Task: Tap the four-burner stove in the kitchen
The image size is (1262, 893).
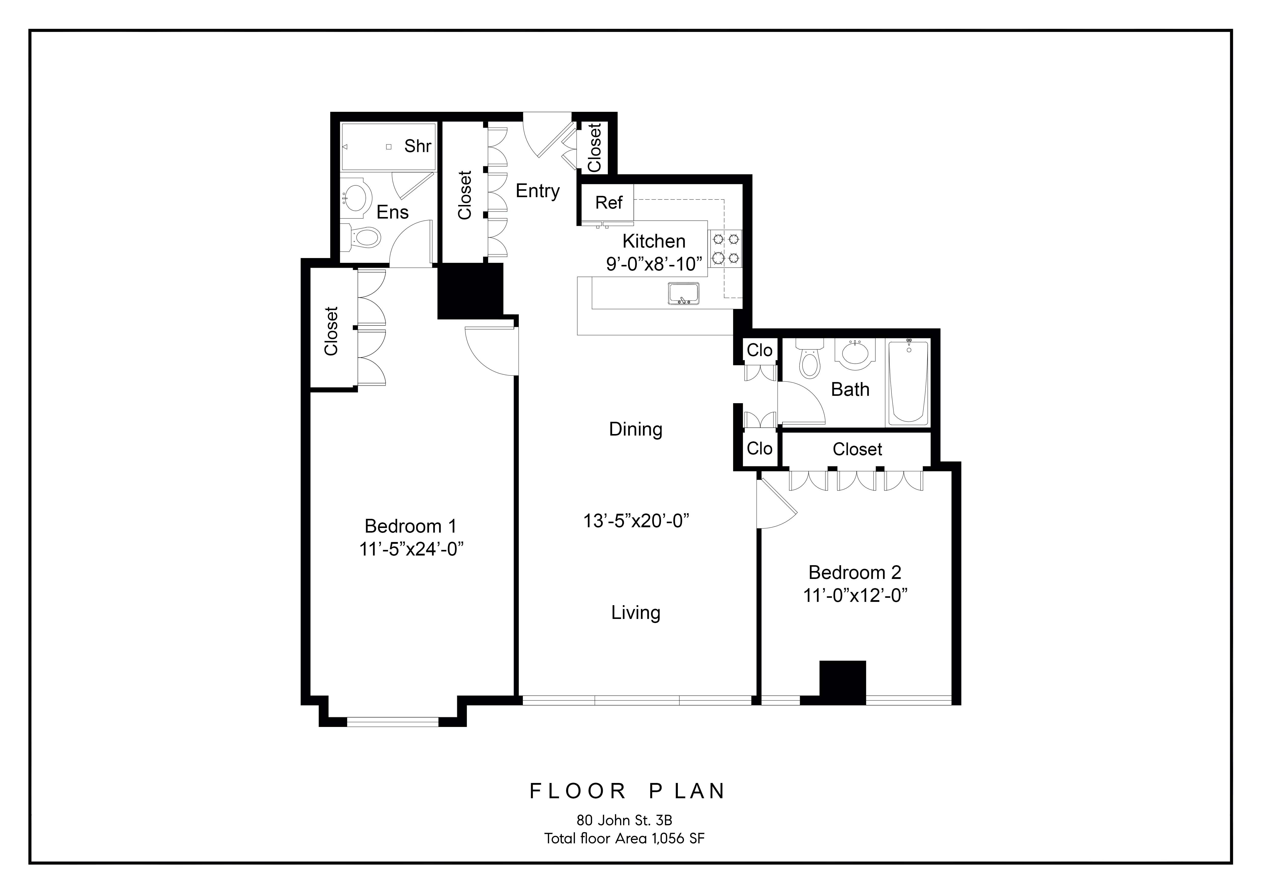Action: point(725,249)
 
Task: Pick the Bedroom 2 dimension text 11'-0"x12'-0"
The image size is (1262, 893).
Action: point(855,596)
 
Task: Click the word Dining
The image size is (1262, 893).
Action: point(635,429)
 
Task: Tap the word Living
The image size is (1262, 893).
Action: point(635,613)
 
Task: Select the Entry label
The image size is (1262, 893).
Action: point(537,191)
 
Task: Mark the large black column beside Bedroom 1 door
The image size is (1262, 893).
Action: point(470,290)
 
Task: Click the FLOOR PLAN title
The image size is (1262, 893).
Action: point(627,791)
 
